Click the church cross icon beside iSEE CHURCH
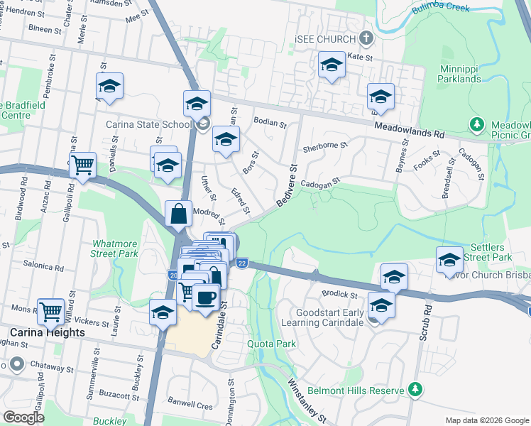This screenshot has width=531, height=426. pyautogui.click(x=366, y=37)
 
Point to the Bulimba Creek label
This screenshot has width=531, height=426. pyautogui.click(x=442, y=9)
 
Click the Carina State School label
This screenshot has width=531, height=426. pyautogui.click(x=148, y=125)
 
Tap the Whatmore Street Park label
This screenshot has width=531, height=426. pyautogui.click(x=114, y=248)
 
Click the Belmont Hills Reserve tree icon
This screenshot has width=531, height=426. pyautogui.click(x=416, y=390)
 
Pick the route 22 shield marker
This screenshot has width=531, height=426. pyautogui.click(x=242, y=263)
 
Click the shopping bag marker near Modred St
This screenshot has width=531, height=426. pyautogui.click(x=179, y=212)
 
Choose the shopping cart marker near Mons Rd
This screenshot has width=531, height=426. pyautogui.click(x=50, y=310)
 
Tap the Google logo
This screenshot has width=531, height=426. pyautogui.click(x=23, y=417)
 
